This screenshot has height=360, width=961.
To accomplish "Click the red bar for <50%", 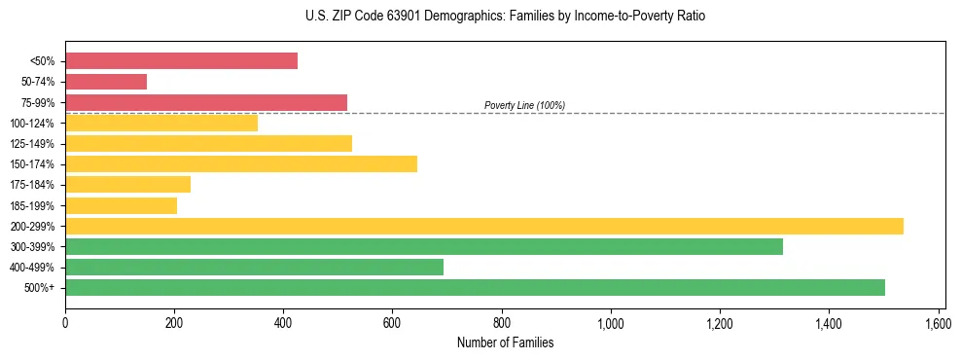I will pyautogui.click(x=181, y=60).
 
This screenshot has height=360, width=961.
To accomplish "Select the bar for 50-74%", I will pyautogui.click(x=106, y=82).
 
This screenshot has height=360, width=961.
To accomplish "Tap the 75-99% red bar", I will pyautogui.click(x=206, y=102).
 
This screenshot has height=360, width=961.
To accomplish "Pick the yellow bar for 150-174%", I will pyautogui.click(x=241, y=163).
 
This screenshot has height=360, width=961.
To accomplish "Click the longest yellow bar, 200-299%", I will pyautogui.click(x=484, y=226).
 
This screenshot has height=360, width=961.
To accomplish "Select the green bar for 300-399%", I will pyautogui.click(x=424, y=246).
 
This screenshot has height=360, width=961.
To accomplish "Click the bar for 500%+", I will pyautogui.click(x=475, y=287).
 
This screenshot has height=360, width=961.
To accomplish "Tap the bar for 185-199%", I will pyautogui.click(x=122, y=205).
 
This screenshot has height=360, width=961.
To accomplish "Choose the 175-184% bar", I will pyautogui.click(x=128, y=184).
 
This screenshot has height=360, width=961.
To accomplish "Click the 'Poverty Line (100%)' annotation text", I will pyautogui.click(x=524, y=105).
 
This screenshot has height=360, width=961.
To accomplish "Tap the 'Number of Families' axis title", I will pyautogui.click(x=505, y=342).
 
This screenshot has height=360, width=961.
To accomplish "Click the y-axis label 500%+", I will pyautogui.click(x=40, y=288).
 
